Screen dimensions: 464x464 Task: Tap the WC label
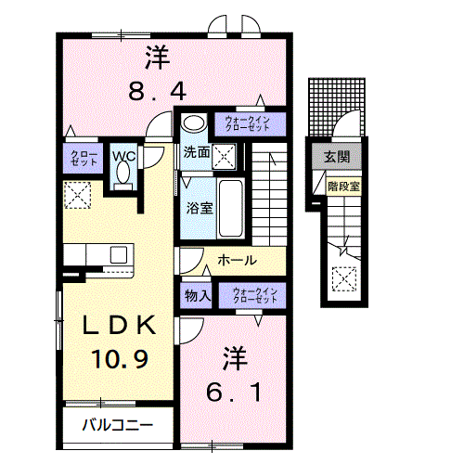[124, 156]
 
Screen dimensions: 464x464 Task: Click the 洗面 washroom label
[195, 152]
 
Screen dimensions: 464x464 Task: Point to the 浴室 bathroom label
[200, 207]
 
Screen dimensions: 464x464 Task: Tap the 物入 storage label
[197, 295]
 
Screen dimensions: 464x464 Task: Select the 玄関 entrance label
[337, 156]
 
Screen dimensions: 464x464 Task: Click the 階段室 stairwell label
[343, 187]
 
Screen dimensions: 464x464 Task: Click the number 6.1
[233, 393]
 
